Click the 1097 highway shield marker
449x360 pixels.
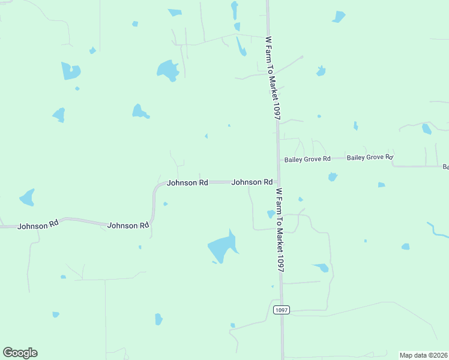[281, 310]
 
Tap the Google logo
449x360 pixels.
[20, 353]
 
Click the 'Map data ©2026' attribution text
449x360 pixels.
[423, 355]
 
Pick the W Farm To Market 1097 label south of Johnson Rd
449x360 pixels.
[279, 231]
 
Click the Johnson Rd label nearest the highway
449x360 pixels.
[252, 182]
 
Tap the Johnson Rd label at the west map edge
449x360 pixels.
[38, 225]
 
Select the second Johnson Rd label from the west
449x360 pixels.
[128, 226]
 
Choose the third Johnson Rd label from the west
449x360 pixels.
[187, 182]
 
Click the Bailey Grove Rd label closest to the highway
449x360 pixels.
[307, 159]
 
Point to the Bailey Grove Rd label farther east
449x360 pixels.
[370, 157]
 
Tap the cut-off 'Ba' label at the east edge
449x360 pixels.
[445, 166]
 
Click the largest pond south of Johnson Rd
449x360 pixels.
[223, 247]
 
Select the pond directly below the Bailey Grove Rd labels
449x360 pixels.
[332, 177]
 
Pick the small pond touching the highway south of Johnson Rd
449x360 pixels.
[271, 214]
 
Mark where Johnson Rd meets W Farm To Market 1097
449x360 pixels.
[277, 182]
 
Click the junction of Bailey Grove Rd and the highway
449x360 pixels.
[279, 159]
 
